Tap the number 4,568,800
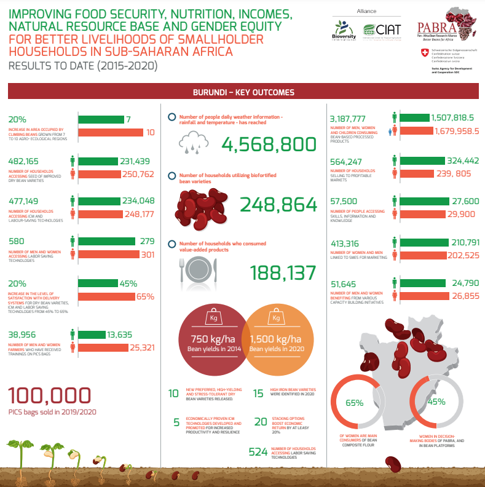(x=269, y=145)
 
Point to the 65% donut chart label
(x=354, y=403)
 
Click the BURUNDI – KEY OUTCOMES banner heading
(x=243, y=92)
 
